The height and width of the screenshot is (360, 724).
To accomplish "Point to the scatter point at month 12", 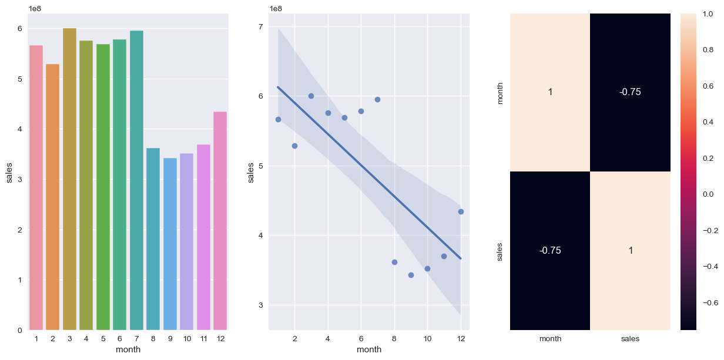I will point(461,211).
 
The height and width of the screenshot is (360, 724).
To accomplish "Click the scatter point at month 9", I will point(411,275).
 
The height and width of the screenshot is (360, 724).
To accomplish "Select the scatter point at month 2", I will point(294,146).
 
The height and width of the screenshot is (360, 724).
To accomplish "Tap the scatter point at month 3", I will point(311,96).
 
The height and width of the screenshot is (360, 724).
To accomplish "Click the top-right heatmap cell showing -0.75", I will point(629,92).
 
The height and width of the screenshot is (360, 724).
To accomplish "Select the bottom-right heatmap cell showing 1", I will point(629,251).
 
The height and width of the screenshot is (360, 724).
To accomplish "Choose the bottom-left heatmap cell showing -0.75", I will point(549,251).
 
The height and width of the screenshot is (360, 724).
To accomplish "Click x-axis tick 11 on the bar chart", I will point(203,339).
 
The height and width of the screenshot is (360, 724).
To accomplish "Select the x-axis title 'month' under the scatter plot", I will point(369,350).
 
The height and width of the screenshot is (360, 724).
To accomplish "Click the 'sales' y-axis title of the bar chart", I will point(10,171).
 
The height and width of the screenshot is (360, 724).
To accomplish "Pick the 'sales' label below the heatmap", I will point(629,339).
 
